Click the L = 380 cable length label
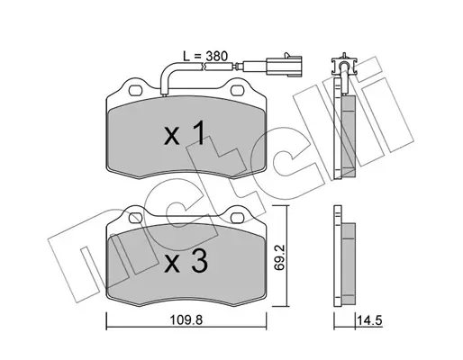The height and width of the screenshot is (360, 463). [x=205, y=56]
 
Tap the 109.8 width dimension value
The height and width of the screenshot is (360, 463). [x=186, y=320]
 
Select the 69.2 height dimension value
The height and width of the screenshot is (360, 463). [x=279, y=257]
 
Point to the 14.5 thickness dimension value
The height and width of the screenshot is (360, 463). [x=369, y=320]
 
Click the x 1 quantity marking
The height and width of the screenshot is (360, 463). [x=185, y=133]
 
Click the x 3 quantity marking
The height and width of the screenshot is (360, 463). [x=186, y=261]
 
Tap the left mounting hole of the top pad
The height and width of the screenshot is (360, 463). [x=135, y=90]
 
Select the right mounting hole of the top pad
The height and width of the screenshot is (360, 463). [x=238, y=90]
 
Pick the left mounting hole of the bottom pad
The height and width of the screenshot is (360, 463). [x=135, y=218]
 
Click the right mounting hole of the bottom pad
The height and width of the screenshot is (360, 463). [x=238, y=218]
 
